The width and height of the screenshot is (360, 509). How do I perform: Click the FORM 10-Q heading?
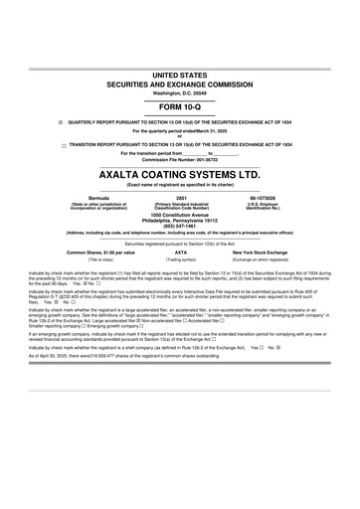(x=180, y=105)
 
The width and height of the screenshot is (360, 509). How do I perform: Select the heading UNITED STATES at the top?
(x=180, y=76)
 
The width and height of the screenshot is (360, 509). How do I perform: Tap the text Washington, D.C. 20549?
(x=180, y=93)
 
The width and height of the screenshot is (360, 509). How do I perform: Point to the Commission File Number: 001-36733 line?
(x=180, y=160)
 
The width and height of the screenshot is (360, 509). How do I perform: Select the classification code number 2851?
(x=180, y=199)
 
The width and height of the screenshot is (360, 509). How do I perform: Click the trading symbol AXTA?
(x=180, y=253)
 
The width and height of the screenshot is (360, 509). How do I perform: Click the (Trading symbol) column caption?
(x=180, y=259)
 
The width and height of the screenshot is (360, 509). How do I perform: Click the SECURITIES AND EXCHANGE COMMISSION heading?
(x=180, y=85)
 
